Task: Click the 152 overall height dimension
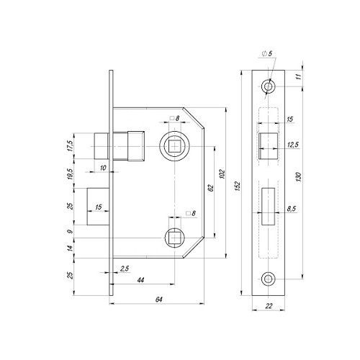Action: (x=237, y=186)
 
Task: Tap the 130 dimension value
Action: (x=299, y=177)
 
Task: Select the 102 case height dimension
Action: (x=222, y=174)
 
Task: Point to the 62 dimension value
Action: (x=210, y=188)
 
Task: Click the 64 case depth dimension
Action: (x=159, y=300)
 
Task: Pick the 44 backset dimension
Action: (x=140, y=280)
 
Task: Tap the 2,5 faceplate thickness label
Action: (x=125, y=269)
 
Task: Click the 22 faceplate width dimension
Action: (x=269, y=306)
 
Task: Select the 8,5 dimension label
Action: (x=292, y=209)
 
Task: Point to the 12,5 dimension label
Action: (x=293, y=145)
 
